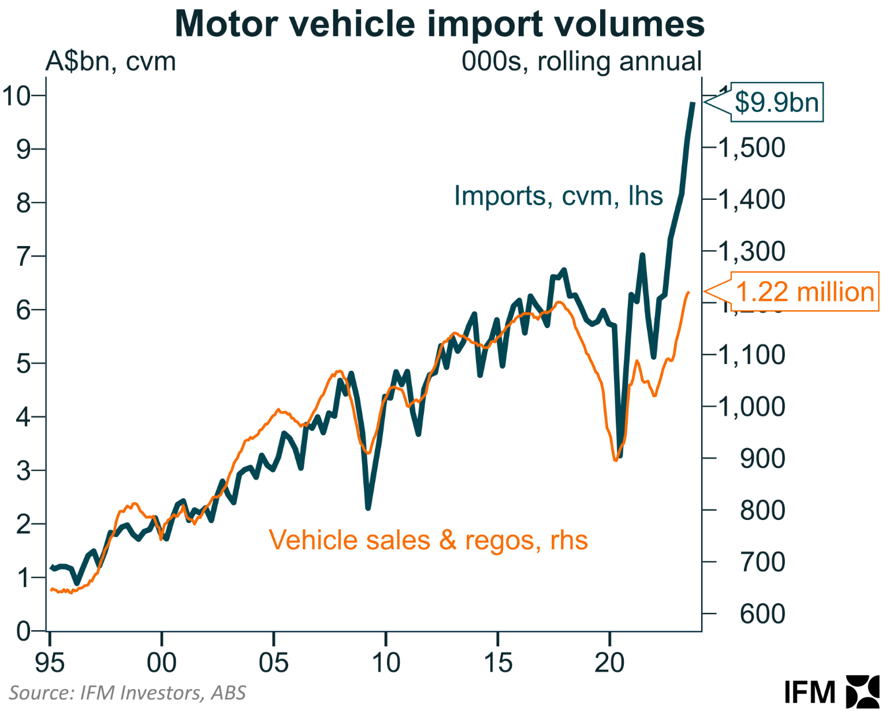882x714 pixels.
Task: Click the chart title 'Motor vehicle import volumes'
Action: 440,24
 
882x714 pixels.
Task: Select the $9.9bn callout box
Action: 777,102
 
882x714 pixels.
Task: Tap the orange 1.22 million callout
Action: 805,292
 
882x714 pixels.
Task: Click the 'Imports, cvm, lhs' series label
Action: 558,196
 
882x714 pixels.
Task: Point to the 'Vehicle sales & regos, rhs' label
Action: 428,541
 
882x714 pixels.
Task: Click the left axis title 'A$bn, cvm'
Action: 110,61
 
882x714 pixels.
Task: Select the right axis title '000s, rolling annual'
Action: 581,61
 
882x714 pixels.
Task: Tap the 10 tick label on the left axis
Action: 16,95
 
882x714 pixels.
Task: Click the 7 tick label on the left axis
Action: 23,256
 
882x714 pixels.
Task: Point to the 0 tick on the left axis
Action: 23,631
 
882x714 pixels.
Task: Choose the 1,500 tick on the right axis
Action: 751,148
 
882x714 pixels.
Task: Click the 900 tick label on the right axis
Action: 762,459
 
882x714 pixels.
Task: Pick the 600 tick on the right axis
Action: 762,613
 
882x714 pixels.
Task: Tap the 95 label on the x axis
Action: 50,663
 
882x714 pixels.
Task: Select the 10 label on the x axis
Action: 385,663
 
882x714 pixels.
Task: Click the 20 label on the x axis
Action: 609,663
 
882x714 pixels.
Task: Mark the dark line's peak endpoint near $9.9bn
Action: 693,103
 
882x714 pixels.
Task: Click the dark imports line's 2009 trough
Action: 368,508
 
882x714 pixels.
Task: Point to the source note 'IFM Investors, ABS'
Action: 127,693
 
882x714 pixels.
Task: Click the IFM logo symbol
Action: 862,691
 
